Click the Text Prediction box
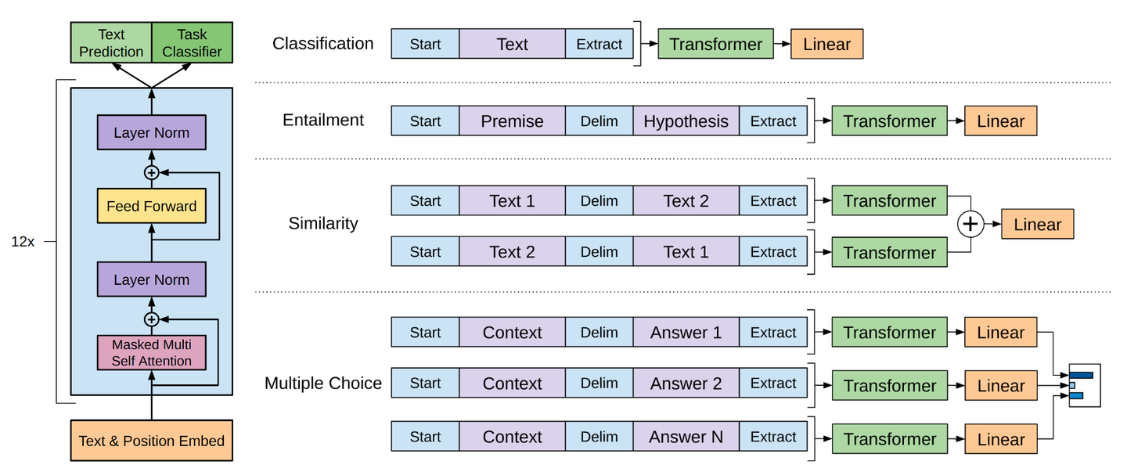[111, 43]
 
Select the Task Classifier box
[193, 43]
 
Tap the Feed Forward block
[152, 206]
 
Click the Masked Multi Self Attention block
[152, 352]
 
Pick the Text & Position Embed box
[152, 440]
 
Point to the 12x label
[23, 242]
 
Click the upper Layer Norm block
[152, 132]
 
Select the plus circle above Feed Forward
[152, 172]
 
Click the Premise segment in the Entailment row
[512, 121]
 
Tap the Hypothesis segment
[686, 121]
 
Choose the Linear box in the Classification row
[826, 44]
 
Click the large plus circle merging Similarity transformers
[970, 224]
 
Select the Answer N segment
[686, 436]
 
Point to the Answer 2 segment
[686, 383]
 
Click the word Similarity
[323, 223]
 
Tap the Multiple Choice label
[323, 383]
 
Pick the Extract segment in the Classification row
[600, 44]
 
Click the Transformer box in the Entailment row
[890, 121]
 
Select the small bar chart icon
[1085, 385]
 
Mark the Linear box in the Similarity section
[1038, 224]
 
